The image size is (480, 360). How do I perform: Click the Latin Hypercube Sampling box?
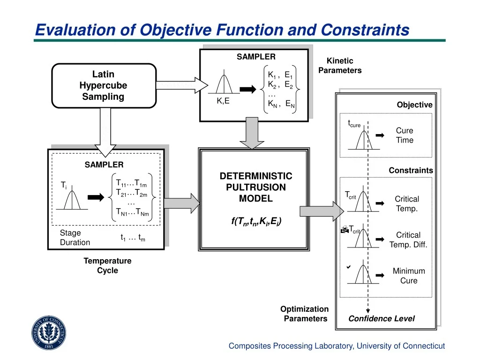click(103, 85)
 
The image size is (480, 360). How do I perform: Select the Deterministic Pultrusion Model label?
click(255, 187)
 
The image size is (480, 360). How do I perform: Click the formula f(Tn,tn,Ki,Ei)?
click(256, 221)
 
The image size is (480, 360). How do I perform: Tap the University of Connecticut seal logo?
click(49, 332)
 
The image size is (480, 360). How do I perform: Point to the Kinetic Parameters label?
click(340, 66)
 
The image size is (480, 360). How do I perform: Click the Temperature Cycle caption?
click(107, 265)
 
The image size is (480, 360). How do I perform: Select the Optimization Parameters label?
click(305, 314)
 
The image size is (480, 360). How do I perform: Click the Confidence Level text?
click(381, 319)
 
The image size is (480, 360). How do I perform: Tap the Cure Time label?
click(404, 135)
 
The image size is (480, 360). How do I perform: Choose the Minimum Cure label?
click(408, 276)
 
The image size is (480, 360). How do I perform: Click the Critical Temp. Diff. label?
click(408, 240)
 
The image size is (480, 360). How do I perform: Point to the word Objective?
click(414, 105)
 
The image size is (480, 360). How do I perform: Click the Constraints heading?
click(411, 171)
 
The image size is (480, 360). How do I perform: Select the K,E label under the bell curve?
click(223, 101)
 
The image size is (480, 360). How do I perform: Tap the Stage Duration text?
click(75, 238)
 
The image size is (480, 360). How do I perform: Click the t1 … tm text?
click(133, 238)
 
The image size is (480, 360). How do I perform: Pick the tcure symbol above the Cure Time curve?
click(354, 124)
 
